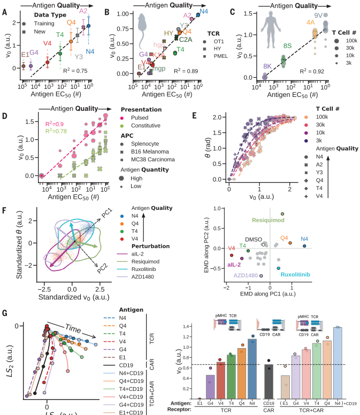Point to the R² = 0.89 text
188,70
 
